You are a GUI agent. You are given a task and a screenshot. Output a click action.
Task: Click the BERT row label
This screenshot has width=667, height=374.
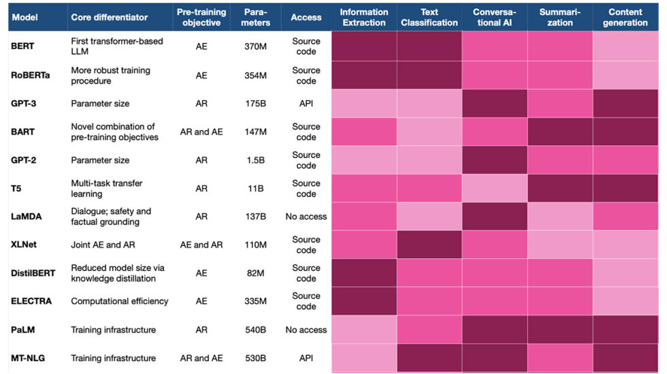tap(22, 47)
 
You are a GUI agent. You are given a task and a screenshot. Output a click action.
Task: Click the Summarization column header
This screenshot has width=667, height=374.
tap(559, 17)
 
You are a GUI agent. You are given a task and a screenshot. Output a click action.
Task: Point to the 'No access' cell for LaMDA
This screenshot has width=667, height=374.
tap(306, 217)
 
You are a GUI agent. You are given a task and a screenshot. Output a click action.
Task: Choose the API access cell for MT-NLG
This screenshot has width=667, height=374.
tap(306, 358)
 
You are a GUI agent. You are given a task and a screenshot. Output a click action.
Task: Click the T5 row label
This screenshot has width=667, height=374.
tap(16, 189)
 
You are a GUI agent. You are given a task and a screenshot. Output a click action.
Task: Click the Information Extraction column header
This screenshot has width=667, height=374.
tap(364, 17)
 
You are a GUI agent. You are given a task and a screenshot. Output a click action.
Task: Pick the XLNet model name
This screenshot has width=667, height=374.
tap(25, 245)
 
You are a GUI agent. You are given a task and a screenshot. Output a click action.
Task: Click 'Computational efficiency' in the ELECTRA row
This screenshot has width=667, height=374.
tap(120, 301)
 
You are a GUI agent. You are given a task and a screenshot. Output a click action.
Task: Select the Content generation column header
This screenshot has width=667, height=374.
tap(625, 17)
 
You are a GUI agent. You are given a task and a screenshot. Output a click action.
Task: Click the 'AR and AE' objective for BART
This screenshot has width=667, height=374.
tap(201, 132)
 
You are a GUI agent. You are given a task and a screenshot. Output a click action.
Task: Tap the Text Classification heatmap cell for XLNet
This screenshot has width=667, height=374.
tap(429, 245)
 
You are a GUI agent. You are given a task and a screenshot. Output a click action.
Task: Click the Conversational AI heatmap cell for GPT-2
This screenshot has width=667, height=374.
tap(494, 160)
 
